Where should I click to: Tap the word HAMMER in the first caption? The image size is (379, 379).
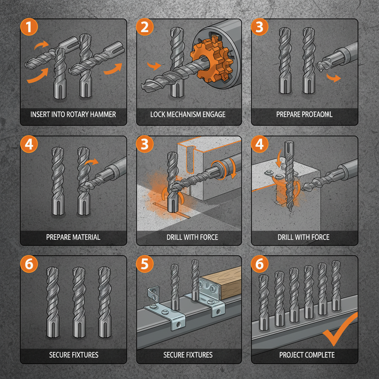pos(103,114)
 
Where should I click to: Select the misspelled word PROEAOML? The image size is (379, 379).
pos(317,114)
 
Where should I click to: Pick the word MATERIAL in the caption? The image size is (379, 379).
pos(85,237)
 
